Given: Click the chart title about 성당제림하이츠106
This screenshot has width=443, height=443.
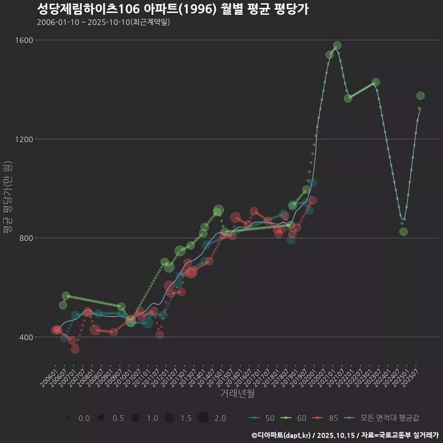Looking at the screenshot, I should (x=173, y=9).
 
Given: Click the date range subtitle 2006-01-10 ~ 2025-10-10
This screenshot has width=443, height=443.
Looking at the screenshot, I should (x=103, y=22).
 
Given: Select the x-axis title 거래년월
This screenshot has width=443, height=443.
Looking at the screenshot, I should (x=237, y=394).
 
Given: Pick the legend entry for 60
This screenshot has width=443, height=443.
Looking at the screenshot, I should (x=294, y=418).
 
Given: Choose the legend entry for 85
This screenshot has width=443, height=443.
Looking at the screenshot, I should (x=326, y=418).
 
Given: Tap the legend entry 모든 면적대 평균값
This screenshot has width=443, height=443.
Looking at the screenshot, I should (x=383, y=418).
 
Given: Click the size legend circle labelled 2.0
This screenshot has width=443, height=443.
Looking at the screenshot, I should (x=204, y=418).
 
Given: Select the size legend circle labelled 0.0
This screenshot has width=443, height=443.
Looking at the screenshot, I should (x=67, y=418).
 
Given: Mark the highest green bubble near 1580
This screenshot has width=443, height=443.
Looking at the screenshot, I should (x=337, y=46).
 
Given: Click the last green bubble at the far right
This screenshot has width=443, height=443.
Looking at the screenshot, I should (x=420, y=96).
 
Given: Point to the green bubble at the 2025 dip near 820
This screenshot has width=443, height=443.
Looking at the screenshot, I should (x=403, y=232).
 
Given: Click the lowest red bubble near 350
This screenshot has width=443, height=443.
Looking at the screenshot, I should (x=75, y=349).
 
